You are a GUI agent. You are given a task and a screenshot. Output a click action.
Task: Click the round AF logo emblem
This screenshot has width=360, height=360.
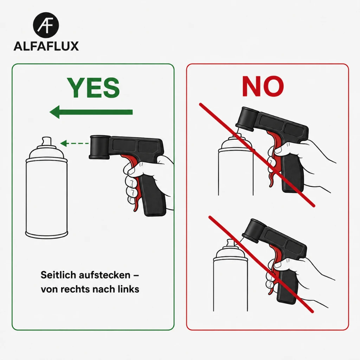tap(46, 25)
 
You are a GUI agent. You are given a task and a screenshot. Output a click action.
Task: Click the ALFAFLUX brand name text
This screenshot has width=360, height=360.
tap(46, 46)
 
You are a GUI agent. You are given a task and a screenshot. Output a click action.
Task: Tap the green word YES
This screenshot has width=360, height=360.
tap(93, 88)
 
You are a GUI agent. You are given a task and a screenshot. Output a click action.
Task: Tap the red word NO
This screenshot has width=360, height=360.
tap(263, 86)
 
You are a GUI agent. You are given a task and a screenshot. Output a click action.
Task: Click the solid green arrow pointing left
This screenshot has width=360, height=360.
tap(91, 112)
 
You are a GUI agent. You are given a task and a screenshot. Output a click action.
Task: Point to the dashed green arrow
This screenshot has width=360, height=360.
tap(75, 143)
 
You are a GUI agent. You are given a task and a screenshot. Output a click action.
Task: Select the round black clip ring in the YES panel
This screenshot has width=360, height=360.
tap(100, 147)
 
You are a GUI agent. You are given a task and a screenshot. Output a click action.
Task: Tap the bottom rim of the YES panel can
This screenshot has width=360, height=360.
tap(47, 234)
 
